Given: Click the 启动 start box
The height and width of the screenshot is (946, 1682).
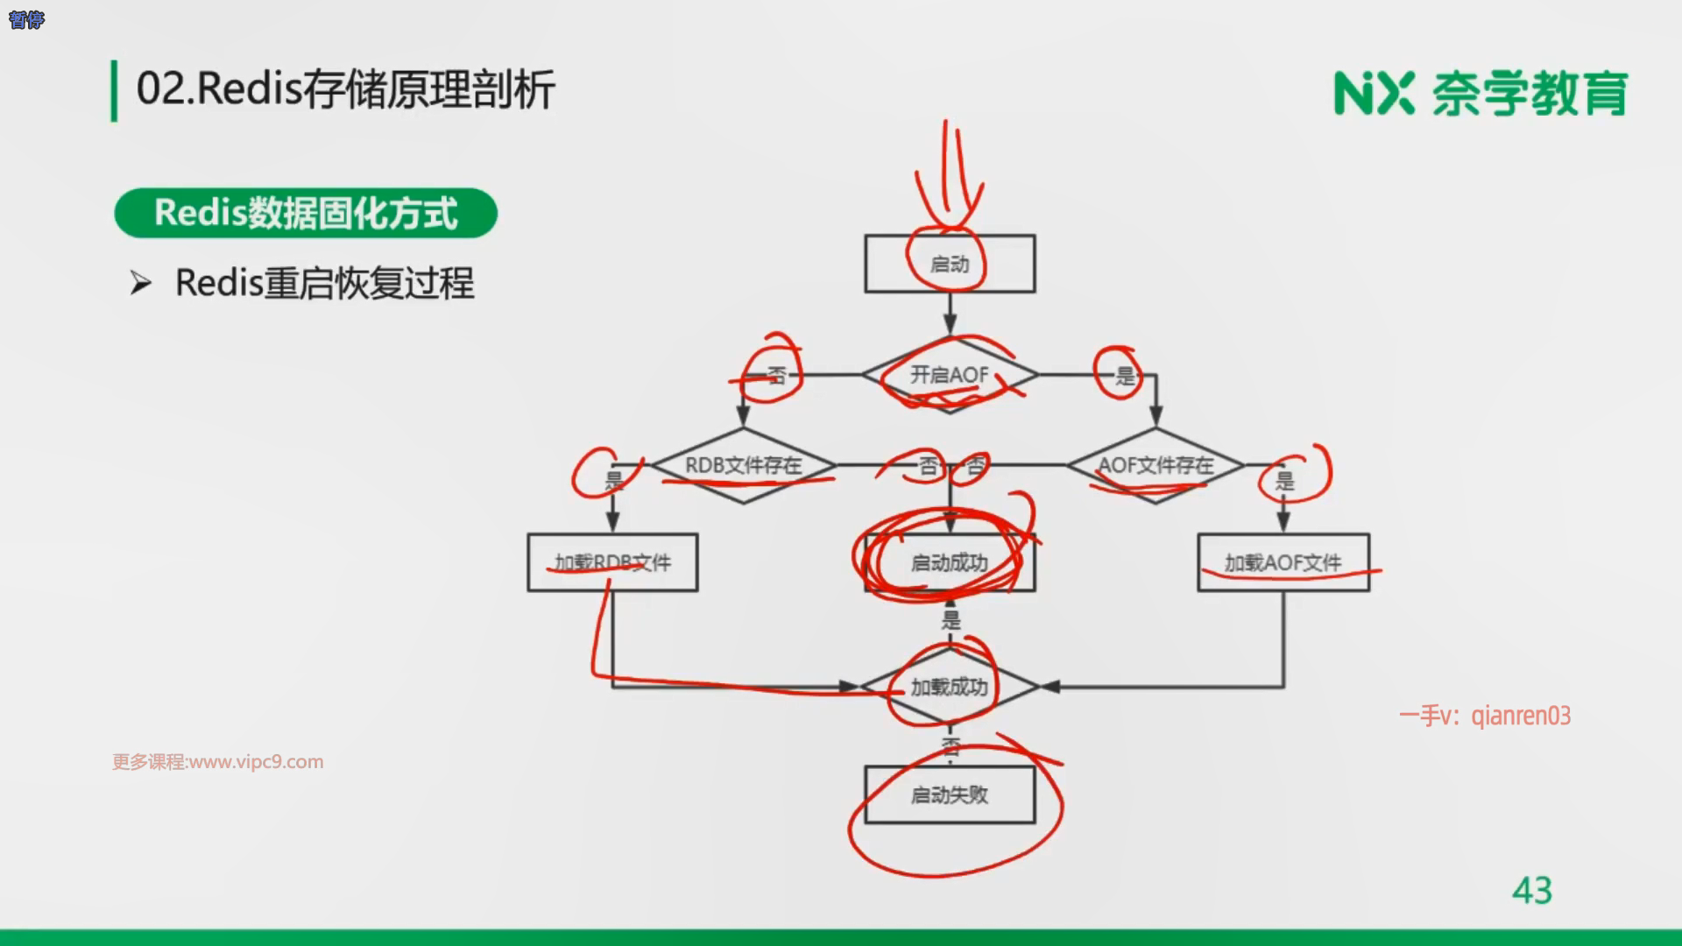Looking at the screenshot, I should coord(950,264).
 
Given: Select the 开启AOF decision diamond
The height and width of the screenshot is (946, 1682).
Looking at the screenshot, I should coord(950,375).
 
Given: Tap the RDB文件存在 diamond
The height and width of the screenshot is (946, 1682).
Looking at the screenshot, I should coord(743,465).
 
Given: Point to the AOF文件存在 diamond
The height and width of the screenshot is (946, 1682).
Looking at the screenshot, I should coord(1155,465).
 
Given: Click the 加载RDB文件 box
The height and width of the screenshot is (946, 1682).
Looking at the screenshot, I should coord(612,562).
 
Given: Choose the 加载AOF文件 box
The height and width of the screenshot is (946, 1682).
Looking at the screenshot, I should coord(1283,562).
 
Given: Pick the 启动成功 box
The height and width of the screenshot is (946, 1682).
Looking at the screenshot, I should coord(950,562).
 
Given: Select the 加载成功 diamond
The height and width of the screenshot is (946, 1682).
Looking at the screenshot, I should coord(950,687).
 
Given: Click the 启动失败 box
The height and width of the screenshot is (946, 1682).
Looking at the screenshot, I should coord(950,794).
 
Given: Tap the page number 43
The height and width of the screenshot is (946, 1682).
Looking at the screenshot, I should coord(1531,891).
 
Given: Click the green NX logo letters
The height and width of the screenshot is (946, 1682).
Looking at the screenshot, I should coord(1374,94).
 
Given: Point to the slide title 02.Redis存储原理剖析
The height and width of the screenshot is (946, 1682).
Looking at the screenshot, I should coord(345,89).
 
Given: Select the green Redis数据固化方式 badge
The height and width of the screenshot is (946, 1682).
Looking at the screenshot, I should coord(306,213).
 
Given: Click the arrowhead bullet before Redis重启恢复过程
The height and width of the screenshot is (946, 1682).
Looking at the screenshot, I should coord(141,283).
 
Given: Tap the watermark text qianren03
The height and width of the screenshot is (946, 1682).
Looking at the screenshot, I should coord(1521,716).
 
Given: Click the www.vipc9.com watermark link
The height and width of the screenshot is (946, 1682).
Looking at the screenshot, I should coord(256,762).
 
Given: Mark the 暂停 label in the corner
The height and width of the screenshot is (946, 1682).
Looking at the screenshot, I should coord(26,19).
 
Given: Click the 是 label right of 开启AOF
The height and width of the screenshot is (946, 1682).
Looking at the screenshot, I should coord(1125,377).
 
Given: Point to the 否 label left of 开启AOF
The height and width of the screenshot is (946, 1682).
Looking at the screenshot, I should coord(776,377).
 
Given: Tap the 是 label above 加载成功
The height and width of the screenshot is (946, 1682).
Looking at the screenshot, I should coord(951,620).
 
